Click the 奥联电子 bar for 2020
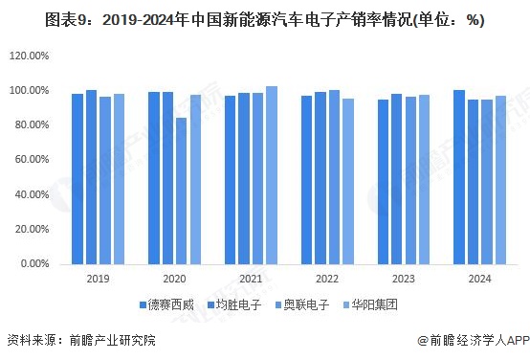point(181,191)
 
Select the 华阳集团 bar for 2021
point(272,174)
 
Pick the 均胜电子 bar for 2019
point(92,176)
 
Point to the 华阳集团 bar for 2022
point(348,181)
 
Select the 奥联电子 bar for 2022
point(334,176)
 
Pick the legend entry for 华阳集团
point(371,305)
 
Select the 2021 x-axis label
point(251,279)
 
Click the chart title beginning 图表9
point(265,17)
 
